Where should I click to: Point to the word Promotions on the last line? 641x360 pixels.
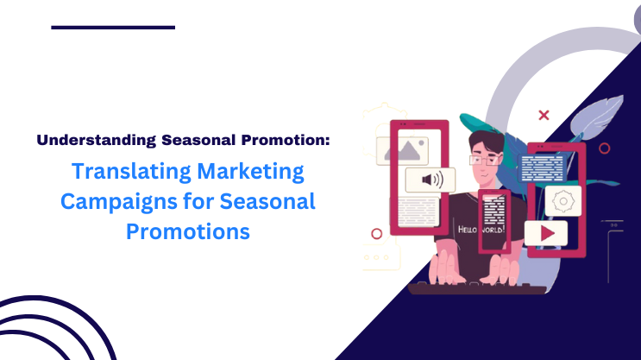pyautogui.click(x=188, y=232)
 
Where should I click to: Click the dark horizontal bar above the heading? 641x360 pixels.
pyautogui.click(x=113, y=27)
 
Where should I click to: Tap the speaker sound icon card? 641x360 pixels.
pyautogui.click(x=430, y=180)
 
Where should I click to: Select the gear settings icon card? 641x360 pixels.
pyautogui.click(x=562, y=200)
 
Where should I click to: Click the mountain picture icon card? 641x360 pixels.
pyautogui.click(x=401, y=149)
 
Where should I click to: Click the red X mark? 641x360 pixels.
pyautogui.click(x=544, y=114)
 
